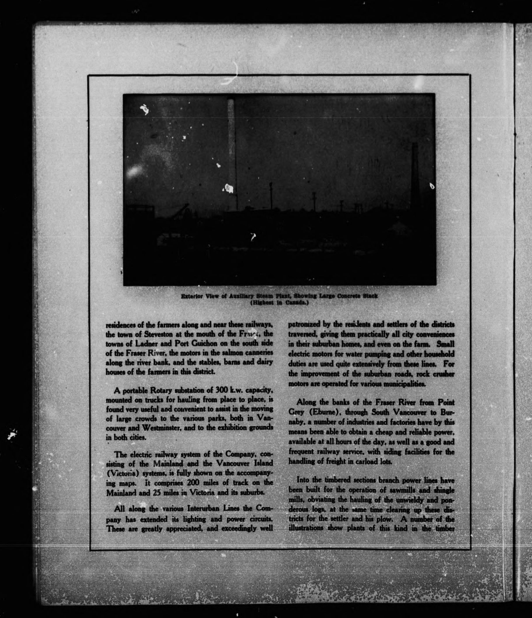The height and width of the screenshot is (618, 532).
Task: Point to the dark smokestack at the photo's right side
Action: click(x=415, y=173)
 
